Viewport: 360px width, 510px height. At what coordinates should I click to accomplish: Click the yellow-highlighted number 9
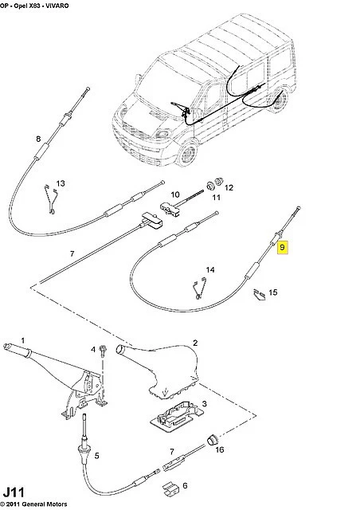(x=282, y=248)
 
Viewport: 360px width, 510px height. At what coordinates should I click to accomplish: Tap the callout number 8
(x=38, y=139)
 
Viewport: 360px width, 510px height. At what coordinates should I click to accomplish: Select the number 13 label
(x=61, y=183)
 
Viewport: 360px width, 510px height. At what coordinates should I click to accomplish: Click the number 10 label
(x=175, y=194)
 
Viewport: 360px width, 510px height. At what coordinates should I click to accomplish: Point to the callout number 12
(x=229, y=188)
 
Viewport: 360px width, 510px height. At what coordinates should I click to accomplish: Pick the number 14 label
(x=210, y=269)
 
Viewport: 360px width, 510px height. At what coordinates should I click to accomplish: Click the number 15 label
(x=273, y=292)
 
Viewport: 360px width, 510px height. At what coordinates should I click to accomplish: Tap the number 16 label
(x=220, y=449)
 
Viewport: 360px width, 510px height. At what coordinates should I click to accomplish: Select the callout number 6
(x=185, y=485)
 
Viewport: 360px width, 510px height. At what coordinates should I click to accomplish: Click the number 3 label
(x=204, y=404)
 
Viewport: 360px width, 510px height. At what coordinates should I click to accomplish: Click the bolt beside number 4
(x=103, y=351)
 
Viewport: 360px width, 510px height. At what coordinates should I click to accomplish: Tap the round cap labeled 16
(x=212, y=440)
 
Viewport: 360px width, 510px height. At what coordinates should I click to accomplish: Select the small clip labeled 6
(x=170, y=487)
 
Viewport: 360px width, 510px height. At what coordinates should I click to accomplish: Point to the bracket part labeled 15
(x=260, y=294)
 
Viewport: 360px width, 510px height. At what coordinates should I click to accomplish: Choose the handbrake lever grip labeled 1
(x=16, y=349)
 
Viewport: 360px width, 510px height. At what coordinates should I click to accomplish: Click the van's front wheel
(x=188, y=153)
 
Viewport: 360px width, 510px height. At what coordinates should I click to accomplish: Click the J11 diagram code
(x=14, y=492)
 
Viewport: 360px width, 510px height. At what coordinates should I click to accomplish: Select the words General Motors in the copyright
(x=48, y=504)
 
